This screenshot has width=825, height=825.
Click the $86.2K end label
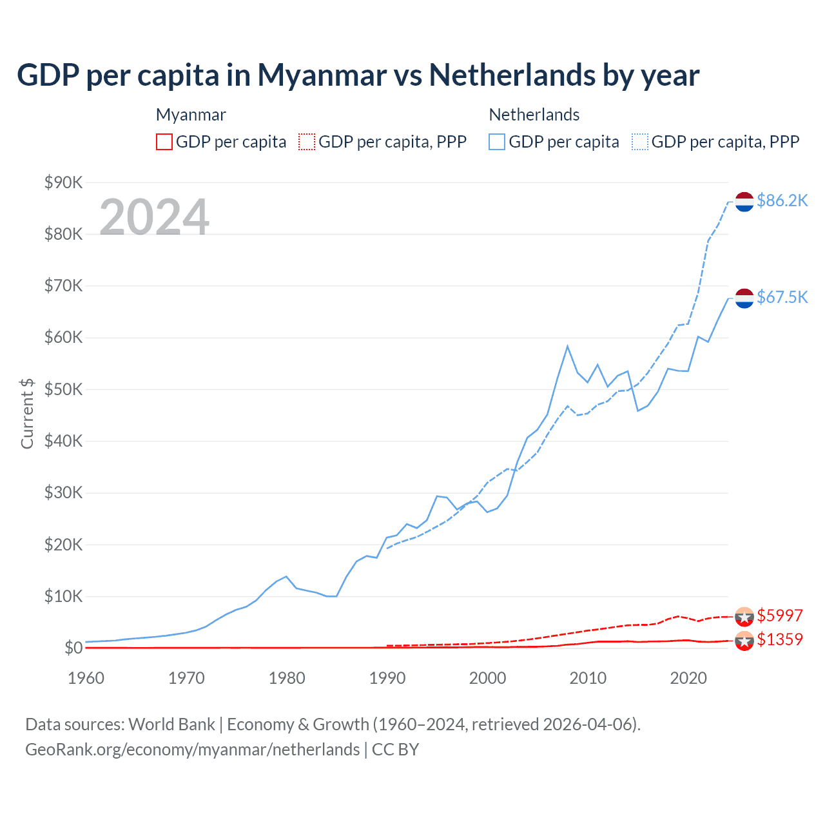(782, 200)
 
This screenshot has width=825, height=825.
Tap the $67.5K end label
(782, 297)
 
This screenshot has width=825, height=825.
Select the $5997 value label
(779, 616)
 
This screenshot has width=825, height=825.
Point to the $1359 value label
(779, 639)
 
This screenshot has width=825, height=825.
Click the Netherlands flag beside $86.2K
(744, 201)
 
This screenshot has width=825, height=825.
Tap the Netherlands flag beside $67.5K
(744, 298)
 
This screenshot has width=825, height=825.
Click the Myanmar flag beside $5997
(744, 616)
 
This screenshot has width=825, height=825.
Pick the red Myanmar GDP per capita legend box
(164, 142)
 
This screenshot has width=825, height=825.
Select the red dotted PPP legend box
(307, 142)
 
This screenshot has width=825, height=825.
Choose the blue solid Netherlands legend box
(497, 142)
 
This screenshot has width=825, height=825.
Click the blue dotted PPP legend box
(640, 142)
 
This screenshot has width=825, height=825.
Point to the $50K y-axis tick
(63, 389)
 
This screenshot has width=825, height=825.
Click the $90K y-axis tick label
(63, 182)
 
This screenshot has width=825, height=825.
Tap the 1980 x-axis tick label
(287, 678)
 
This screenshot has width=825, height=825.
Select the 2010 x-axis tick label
(588, 678)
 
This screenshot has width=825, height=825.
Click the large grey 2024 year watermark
(154, 217)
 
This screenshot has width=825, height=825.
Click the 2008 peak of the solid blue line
(567, 347)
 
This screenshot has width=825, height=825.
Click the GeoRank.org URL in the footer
(192, 750)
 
